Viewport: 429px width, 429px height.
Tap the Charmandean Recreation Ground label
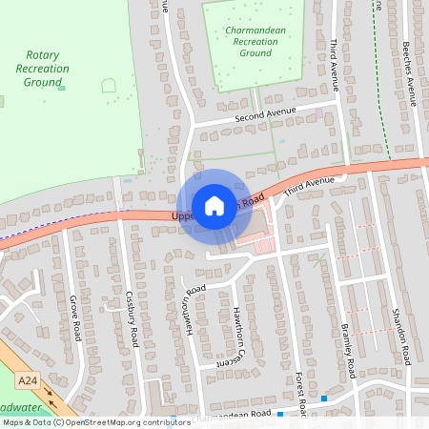(255, 42)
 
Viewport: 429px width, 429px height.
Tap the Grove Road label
(74, 318)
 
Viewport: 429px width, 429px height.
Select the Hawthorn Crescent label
(232, 337)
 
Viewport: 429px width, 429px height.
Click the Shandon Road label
(398, 333)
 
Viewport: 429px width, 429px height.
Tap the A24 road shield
(29, 381)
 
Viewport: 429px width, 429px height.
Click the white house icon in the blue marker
(214, 205)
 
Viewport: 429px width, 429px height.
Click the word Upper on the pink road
(183, 215)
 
